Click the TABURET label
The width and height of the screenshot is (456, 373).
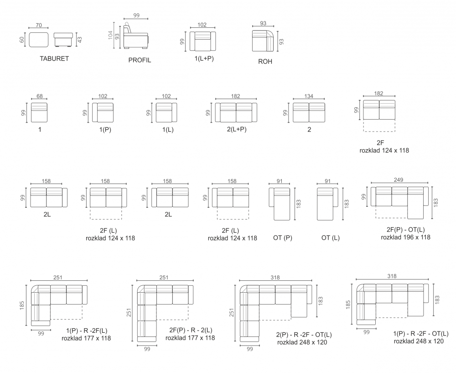pyautogui.click(x=54, y=58)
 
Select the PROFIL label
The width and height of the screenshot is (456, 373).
pyautogui.click(x=140, y=60)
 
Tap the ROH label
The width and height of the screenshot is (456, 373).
pyautogui.click(x=265, y=62)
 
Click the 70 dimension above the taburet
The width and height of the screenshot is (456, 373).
pyautogui.click(x=39, y=25)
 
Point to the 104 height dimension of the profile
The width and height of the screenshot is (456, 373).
pyautogui.click(x=110, y=35)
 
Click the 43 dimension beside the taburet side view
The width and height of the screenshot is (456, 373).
pyautogui.click(x=80, y=39)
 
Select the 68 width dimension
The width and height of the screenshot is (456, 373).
pyautogui.click(x=40, y=96)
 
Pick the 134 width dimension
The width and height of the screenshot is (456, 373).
pyautogui.click(x=309, y=96)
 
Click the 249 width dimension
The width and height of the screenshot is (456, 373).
pyautogui.click(x=399, y=180)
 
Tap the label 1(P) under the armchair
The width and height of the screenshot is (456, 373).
pyautogui.click(x=105, y=130)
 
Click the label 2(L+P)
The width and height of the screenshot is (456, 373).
pyautogui.click(x=237, y=129)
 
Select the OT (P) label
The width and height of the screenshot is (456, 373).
pyautogui.click(x=283, y=237)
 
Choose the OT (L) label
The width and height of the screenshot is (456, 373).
pyautogui.click(x=330, y=237)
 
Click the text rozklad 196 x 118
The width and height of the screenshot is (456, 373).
pyautogui.click(x=405, y=237)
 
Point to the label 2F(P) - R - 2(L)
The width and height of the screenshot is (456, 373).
pyautogui.click(x=191, y=330)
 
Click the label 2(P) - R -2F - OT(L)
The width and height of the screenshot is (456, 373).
pyautogui.click(x=304, y=335)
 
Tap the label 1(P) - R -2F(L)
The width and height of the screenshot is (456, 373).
pyautogui.click(x=87, y=331)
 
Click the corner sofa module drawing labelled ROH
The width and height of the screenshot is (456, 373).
pyautogui.click(x=263, y=41)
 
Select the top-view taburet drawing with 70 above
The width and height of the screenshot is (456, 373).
pyautogui.click(x=39, y=40)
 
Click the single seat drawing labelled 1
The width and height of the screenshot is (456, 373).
pyautogui.click(x=39, y=112)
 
